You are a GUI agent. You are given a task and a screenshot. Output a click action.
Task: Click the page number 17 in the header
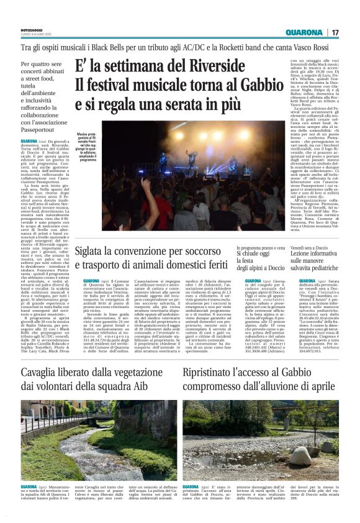coord(336,32)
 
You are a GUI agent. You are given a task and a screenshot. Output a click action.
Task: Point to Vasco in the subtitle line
coord(301,47)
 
